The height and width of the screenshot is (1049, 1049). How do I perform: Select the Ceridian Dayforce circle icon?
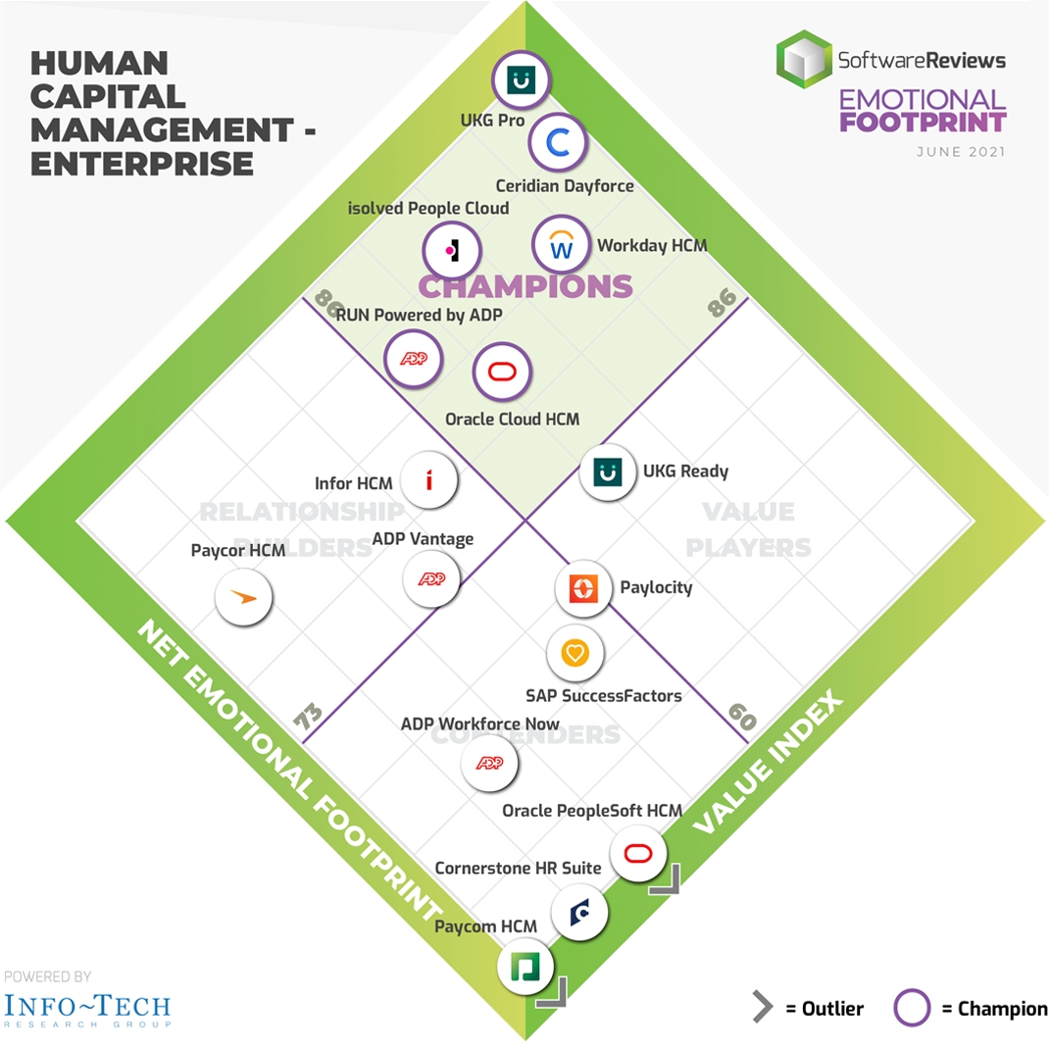pyautogui.click(x=558, y=144)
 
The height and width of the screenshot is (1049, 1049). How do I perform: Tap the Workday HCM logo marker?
pyautogui.click(x=562, y=246)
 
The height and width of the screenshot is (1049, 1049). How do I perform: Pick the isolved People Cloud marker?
pyautogui.click(x=452, y=251)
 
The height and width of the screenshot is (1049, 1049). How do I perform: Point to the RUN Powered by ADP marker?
pyautogui.click(x=414, y=359)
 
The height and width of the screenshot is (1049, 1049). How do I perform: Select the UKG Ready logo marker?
pyautogui.click(x=608, y=473)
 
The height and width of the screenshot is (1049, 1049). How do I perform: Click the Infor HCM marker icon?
pyautogui.click(x=429, y=479)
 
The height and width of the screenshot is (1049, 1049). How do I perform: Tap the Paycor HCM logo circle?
pyautogui.click(x=243, y=595)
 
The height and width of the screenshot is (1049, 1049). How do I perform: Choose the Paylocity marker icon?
pyautogui.click(x=583, y=588)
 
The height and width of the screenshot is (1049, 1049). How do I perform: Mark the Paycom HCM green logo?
pyautogui.click(x=525, y=968)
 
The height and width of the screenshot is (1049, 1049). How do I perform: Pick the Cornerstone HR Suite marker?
pyautogui.click(x=578, y=913)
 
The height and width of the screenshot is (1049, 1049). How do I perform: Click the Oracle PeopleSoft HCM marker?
pyautogui.click(x=639, y=852)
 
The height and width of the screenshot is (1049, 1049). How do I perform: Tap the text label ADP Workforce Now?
pyautogui.click(x=480, y=724)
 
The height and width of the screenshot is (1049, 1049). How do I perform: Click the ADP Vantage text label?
pyautogui.click(x=423, y=539)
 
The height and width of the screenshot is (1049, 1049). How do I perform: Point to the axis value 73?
pyautogui.click(x=308, y=717)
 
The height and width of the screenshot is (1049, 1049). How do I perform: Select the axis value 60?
pyautogui.click(x=742, y=716)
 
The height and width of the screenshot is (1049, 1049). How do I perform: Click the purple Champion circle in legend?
pyautogui.click(x=913, y=1008)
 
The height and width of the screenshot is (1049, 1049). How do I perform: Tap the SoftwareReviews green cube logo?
pyautogui.click(x=803, y=58)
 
